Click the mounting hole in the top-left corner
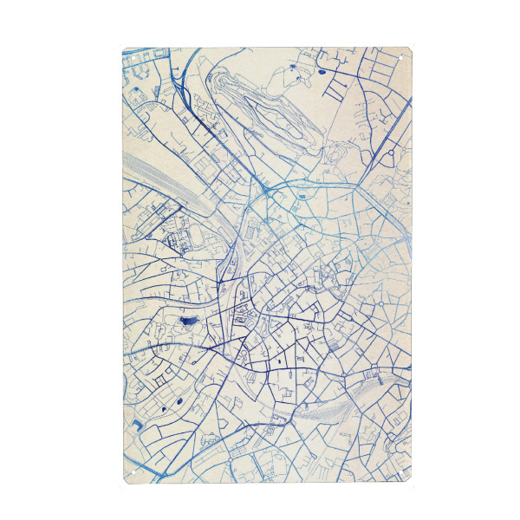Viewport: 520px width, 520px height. point(127,53)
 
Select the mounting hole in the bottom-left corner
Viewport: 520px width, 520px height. point(127,476)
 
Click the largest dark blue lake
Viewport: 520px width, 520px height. point(187,322)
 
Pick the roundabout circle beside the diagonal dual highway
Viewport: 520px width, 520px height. point(391,153)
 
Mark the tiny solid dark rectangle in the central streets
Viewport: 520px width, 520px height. point(281,358)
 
